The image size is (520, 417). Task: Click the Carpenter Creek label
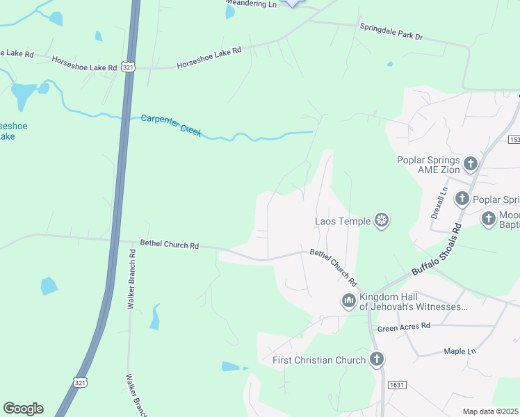point(171,124)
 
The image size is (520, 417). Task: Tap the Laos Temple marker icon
point(381,221)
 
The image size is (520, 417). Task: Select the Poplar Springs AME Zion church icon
point(471,164)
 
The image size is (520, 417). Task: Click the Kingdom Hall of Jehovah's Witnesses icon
point(348,301)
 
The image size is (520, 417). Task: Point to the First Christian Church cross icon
point(376,359)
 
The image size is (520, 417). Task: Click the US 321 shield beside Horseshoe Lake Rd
point(127,67)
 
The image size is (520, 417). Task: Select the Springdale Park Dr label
point(391,31)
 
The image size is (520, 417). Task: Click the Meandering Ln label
point(251,4)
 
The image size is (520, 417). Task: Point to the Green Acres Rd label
point(404,325)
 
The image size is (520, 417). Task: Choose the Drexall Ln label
point(439,202)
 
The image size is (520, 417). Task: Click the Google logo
point(23,409)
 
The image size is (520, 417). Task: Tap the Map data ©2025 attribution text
point(490,411)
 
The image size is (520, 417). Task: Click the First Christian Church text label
point(319,360)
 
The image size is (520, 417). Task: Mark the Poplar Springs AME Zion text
point(428,165)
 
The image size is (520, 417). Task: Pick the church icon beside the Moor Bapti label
point(489,219)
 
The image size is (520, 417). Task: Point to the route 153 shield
point(514,140)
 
